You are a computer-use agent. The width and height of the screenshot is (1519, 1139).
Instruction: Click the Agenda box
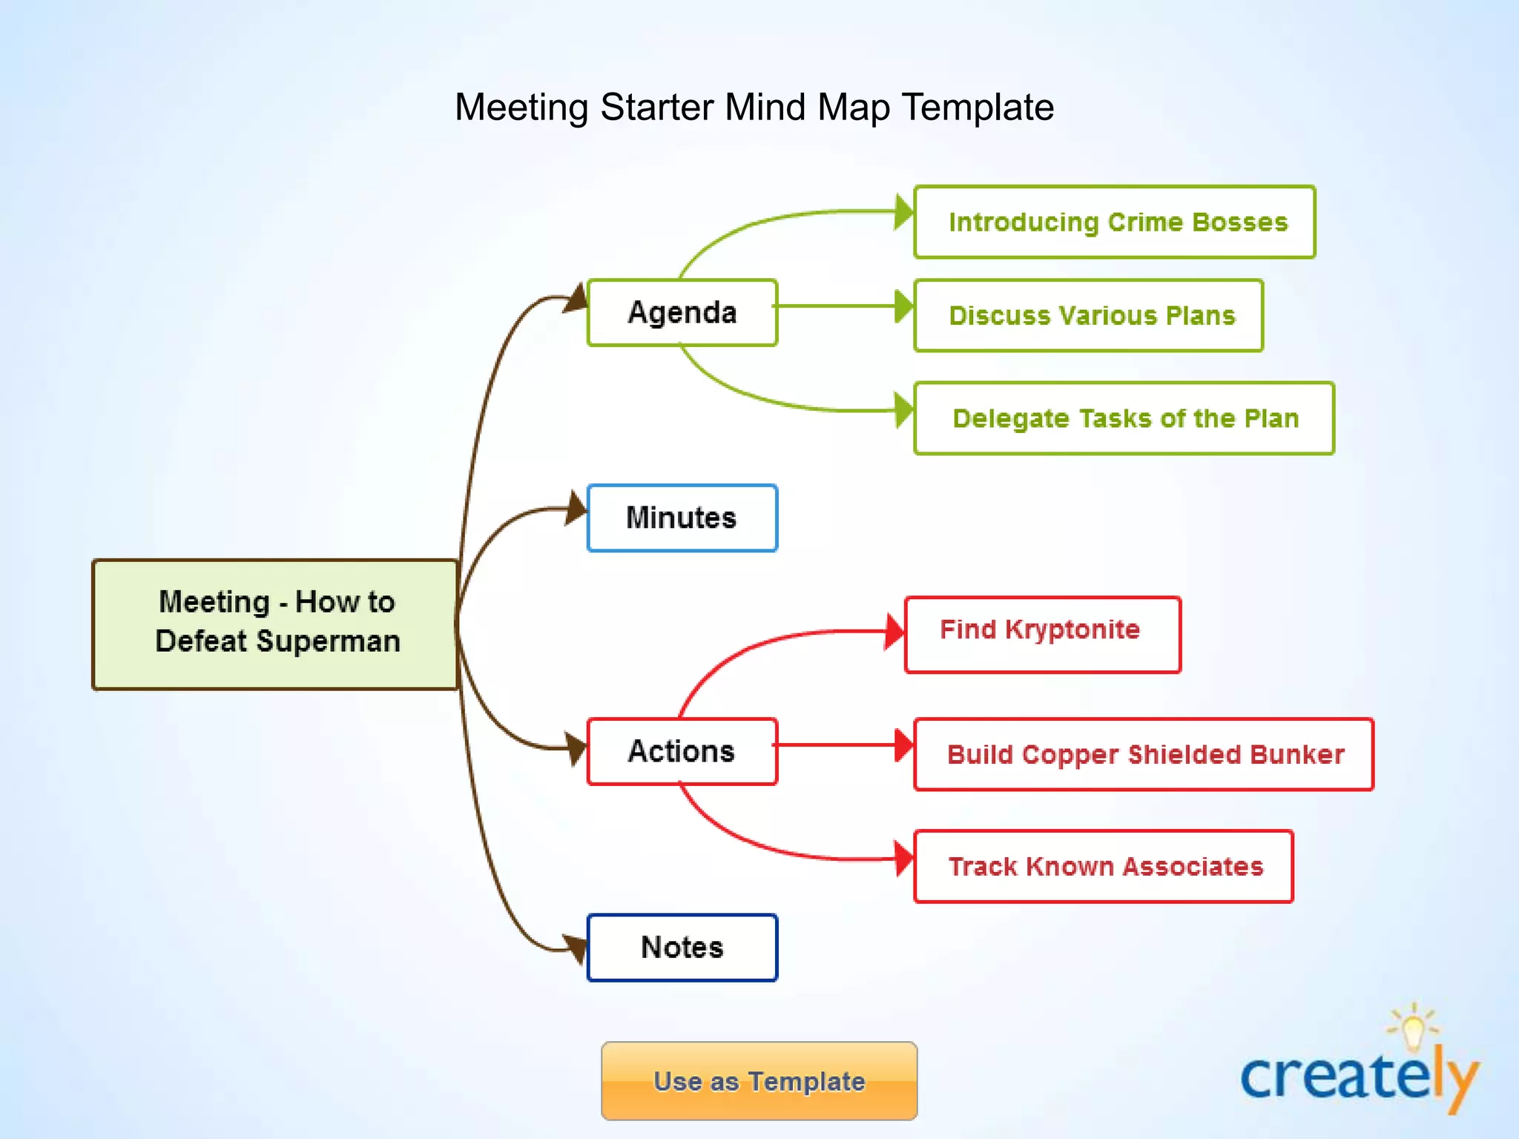tap(682, 312)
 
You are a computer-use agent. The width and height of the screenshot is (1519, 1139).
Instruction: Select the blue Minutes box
tap(682, 518)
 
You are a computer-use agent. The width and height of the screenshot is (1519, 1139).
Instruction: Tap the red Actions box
tap(682, 751)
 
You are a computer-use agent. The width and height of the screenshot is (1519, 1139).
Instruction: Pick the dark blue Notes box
tap(682, 948)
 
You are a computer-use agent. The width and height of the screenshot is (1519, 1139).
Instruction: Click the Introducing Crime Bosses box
tap(1115, 222)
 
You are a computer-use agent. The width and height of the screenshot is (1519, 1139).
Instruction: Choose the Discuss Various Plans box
tap(1088, 315)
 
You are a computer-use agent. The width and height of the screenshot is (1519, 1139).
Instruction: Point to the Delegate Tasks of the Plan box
tap(1124, 418)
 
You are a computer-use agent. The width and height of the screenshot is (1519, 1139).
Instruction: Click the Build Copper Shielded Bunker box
tap(1144, 754)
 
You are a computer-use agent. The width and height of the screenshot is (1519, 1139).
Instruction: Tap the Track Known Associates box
tap(1104, 866)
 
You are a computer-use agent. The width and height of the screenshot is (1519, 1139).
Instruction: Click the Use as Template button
tap(759, 1080)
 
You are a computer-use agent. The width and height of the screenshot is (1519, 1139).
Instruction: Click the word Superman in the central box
tap(328, 641)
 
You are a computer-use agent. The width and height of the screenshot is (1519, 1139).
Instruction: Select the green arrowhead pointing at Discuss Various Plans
tap(903, 306)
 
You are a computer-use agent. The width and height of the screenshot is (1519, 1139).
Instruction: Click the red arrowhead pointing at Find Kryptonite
tap(894, 632)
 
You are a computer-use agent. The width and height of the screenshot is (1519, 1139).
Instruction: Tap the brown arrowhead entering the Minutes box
tap(576, 509)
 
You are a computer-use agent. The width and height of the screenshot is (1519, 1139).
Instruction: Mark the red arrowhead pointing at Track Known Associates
tap(903, 859)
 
